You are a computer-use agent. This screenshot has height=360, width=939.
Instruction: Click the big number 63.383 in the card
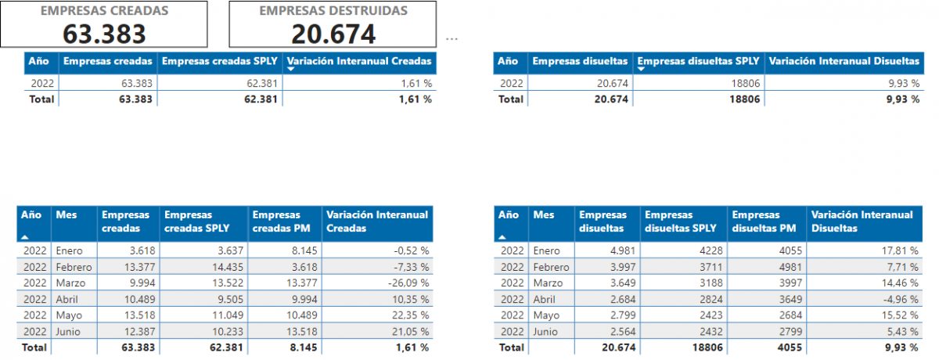click(x=104, y=33)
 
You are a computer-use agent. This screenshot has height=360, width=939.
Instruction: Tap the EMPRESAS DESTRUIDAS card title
click(x=333, y=11)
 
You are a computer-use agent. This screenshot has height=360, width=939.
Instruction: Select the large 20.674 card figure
click(x=333, y=33)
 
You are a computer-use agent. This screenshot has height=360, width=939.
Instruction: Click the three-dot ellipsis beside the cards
click(x=452, y=38)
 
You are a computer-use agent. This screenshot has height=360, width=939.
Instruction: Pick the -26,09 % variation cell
click(x=408, y=283)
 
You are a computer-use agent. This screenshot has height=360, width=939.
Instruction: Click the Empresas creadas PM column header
click(x=276, y=221)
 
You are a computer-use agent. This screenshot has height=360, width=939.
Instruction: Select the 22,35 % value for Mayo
click(x=412, y=315)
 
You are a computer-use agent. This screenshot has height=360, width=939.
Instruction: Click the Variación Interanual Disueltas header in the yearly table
click(x=844, y=61)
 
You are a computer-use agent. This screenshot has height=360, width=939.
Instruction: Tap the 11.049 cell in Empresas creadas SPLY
click(x=227, y=315)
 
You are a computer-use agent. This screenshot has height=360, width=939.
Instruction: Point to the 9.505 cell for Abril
click(x=229, y=299)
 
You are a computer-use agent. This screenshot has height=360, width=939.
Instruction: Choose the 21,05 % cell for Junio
click(x=412, y=330)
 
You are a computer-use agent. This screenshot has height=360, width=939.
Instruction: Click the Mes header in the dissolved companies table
click(x=543, y=214)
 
